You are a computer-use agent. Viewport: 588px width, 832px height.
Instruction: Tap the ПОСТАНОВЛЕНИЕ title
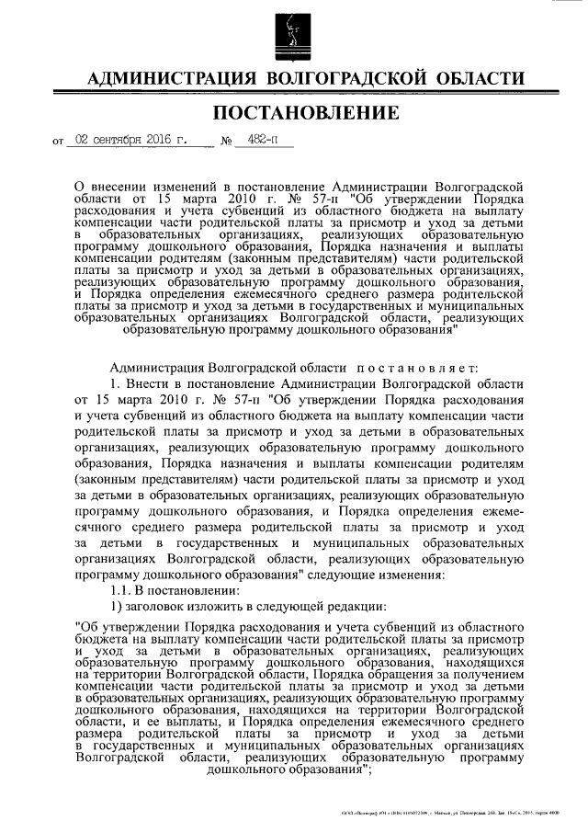294,114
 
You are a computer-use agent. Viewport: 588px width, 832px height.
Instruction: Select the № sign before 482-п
226,142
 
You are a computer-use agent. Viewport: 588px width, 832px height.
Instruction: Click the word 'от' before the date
60,143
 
